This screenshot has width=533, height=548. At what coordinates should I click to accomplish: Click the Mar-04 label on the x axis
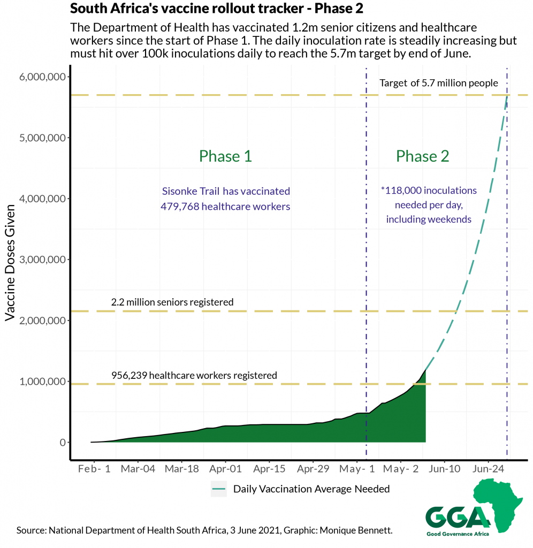(138, 469)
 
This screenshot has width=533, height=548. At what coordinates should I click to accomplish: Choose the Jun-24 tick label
(488, 469)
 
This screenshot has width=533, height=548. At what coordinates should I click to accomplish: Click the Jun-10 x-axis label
(444, 469)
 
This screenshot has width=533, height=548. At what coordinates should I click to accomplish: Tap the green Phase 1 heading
(225, 156)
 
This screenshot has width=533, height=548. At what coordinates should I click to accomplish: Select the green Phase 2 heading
(422, 156)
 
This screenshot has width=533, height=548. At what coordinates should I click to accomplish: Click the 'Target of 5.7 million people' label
(439, 83)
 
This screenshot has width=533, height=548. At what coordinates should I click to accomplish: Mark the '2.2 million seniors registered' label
(172, 302)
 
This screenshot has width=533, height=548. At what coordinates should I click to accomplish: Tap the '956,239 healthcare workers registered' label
(194, 376)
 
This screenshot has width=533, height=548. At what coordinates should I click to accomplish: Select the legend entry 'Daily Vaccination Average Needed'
(311, 489)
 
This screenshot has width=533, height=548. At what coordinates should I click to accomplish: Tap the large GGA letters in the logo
(458, 516)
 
